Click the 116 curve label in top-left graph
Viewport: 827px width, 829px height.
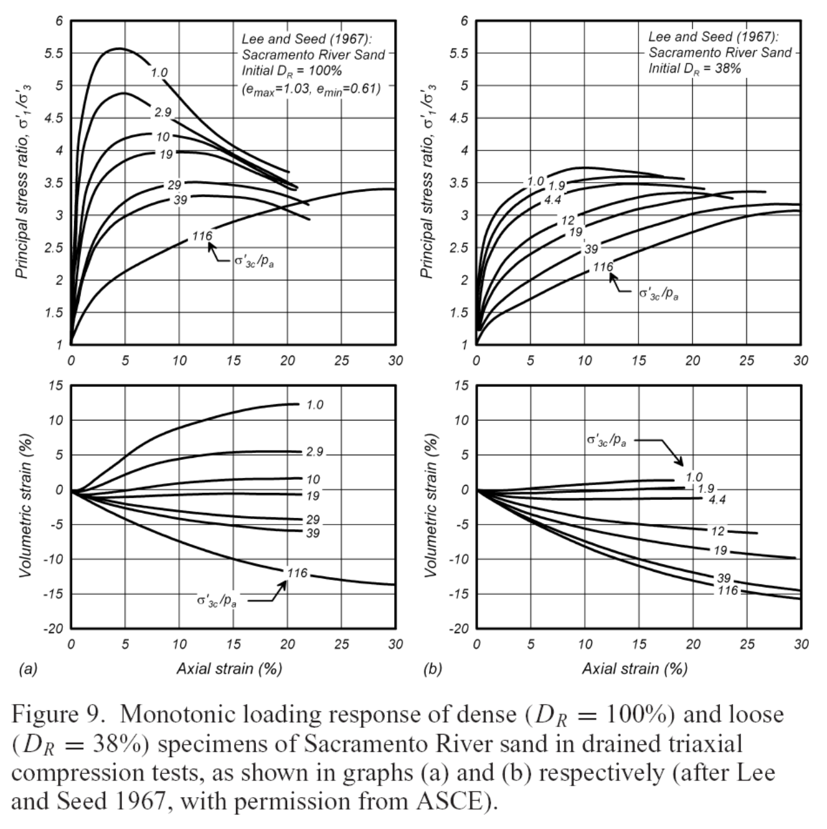(202, 236)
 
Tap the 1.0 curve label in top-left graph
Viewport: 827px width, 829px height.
(159, 72)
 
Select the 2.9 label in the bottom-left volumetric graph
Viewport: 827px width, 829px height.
(314, 451)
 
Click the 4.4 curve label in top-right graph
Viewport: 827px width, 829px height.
(552, 199)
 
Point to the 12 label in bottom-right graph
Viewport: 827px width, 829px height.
(717, 531)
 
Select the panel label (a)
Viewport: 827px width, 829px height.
(28, 669)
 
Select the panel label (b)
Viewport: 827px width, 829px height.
(432, 669)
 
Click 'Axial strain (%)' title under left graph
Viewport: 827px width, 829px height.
(229, 668)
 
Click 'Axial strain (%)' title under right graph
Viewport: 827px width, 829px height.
(635, 668)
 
